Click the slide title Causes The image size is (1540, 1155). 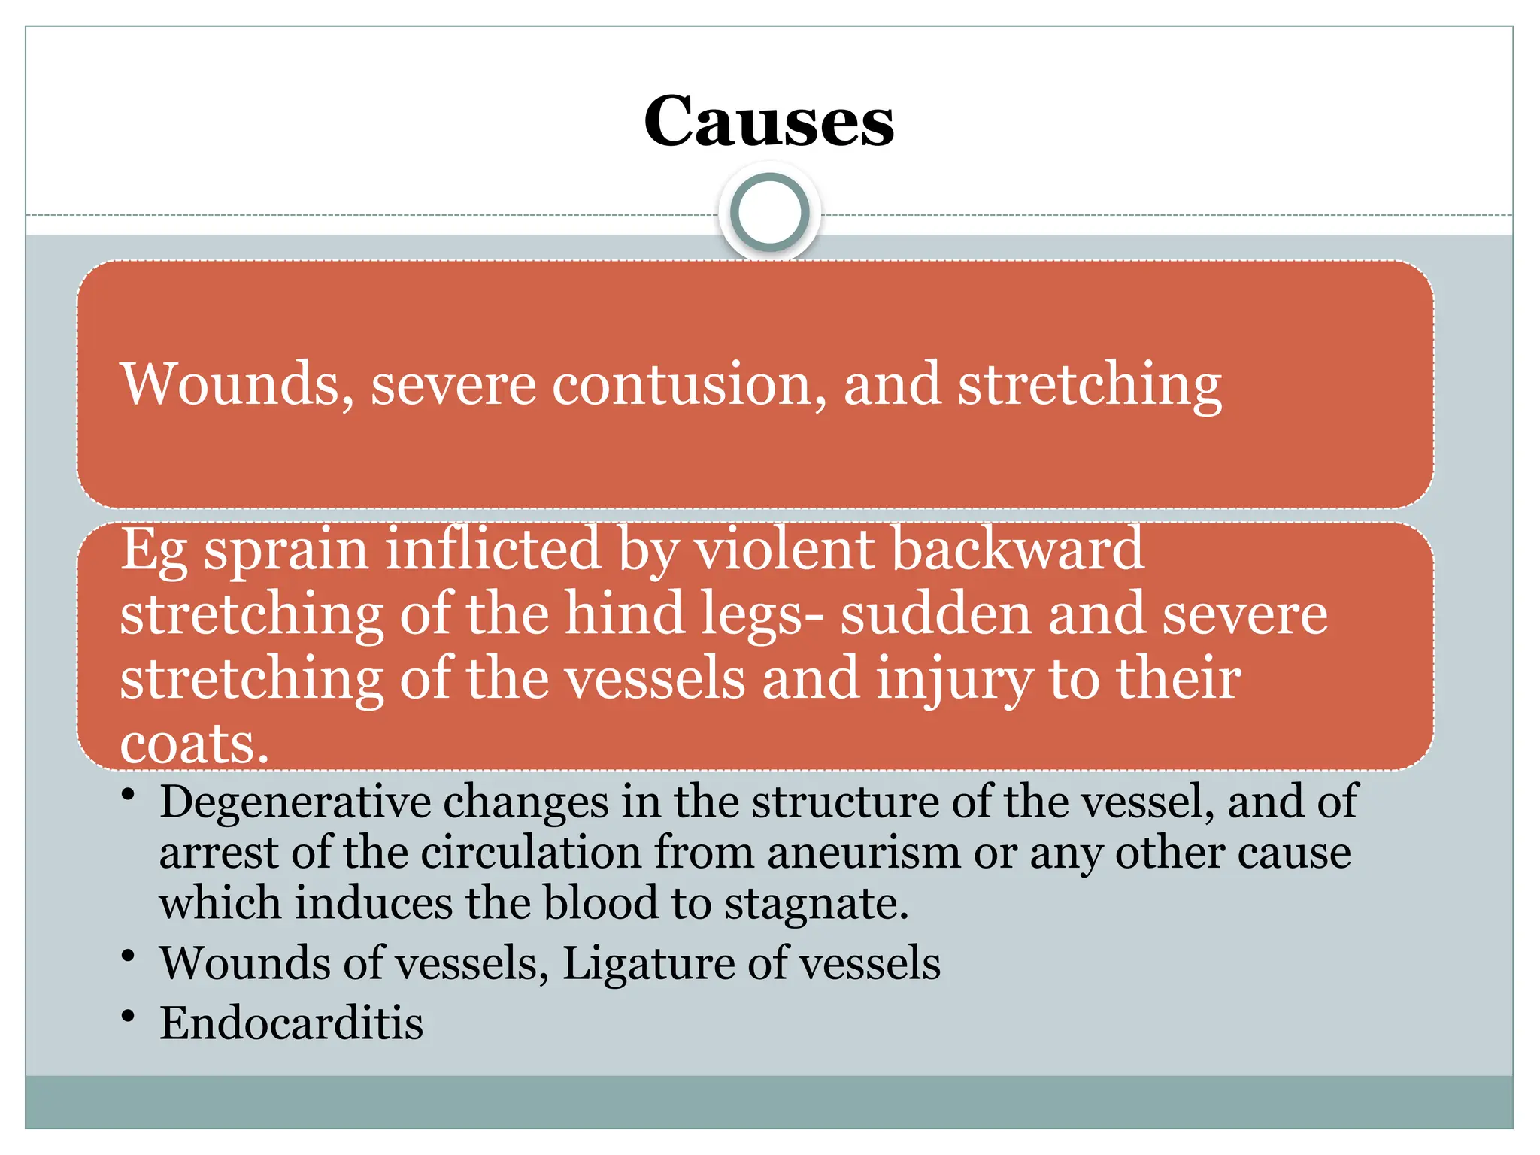768,122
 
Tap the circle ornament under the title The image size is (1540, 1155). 768,212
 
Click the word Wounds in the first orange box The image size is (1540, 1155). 237,385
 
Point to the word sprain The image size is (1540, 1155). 286,550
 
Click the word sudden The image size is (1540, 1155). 935,614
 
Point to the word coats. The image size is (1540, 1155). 194,744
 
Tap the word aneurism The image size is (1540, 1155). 863,853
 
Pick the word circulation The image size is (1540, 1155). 530,853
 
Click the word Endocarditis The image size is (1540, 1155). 292,1024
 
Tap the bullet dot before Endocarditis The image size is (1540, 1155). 129,1017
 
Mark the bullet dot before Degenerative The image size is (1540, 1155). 129,795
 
